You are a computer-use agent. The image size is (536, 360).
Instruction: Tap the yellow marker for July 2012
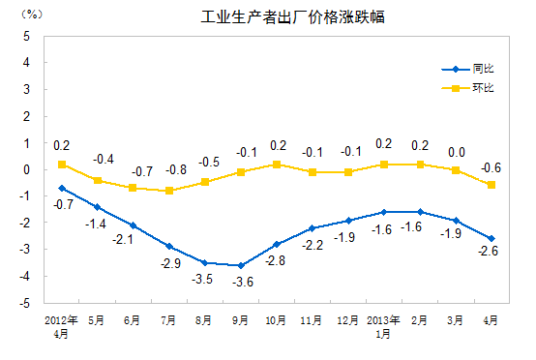tap(169, 191)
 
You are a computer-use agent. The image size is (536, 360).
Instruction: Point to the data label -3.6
tap(241, 283)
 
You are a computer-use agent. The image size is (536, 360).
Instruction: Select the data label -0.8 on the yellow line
tap(174, 169)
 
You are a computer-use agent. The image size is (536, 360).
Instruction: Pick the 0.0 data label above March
tap(456, 152)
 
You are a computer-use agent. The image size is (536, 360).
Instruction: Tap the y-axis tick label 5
tap(26, 36)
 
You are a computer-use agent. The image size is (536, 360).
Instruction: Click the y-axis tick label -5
tap(24, 303)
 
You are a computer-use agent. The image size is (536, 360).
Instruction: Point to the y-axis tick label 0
tap(26, 169)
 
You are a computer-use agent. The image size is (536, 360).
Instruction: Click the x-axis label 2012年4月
tap(60, 324)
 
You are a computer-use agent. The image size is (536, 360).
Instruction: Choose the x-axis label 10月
tap(277, 318)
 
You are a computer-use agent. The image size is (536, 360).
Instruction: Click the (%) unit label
tap(31, 14)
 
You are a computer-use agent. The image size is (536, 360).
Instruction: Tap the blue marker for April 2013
tap(491, 238)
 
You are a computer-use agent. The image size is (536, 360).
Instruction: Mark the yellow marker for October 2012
tap(277, 165)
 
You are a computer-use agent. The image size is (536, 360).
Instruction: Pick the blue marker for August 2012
tap(205, 262)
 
